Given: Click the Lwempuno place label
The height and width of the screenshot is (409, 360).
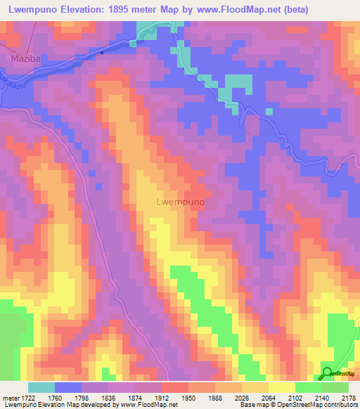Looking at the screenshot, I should pos(179,202).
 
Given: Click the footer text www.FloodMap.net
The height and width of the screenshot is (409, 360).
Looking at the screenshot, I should pos(149,405).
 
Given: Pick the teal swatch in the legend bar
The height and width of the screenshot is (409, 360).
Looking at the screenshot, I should pos(41,387).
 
